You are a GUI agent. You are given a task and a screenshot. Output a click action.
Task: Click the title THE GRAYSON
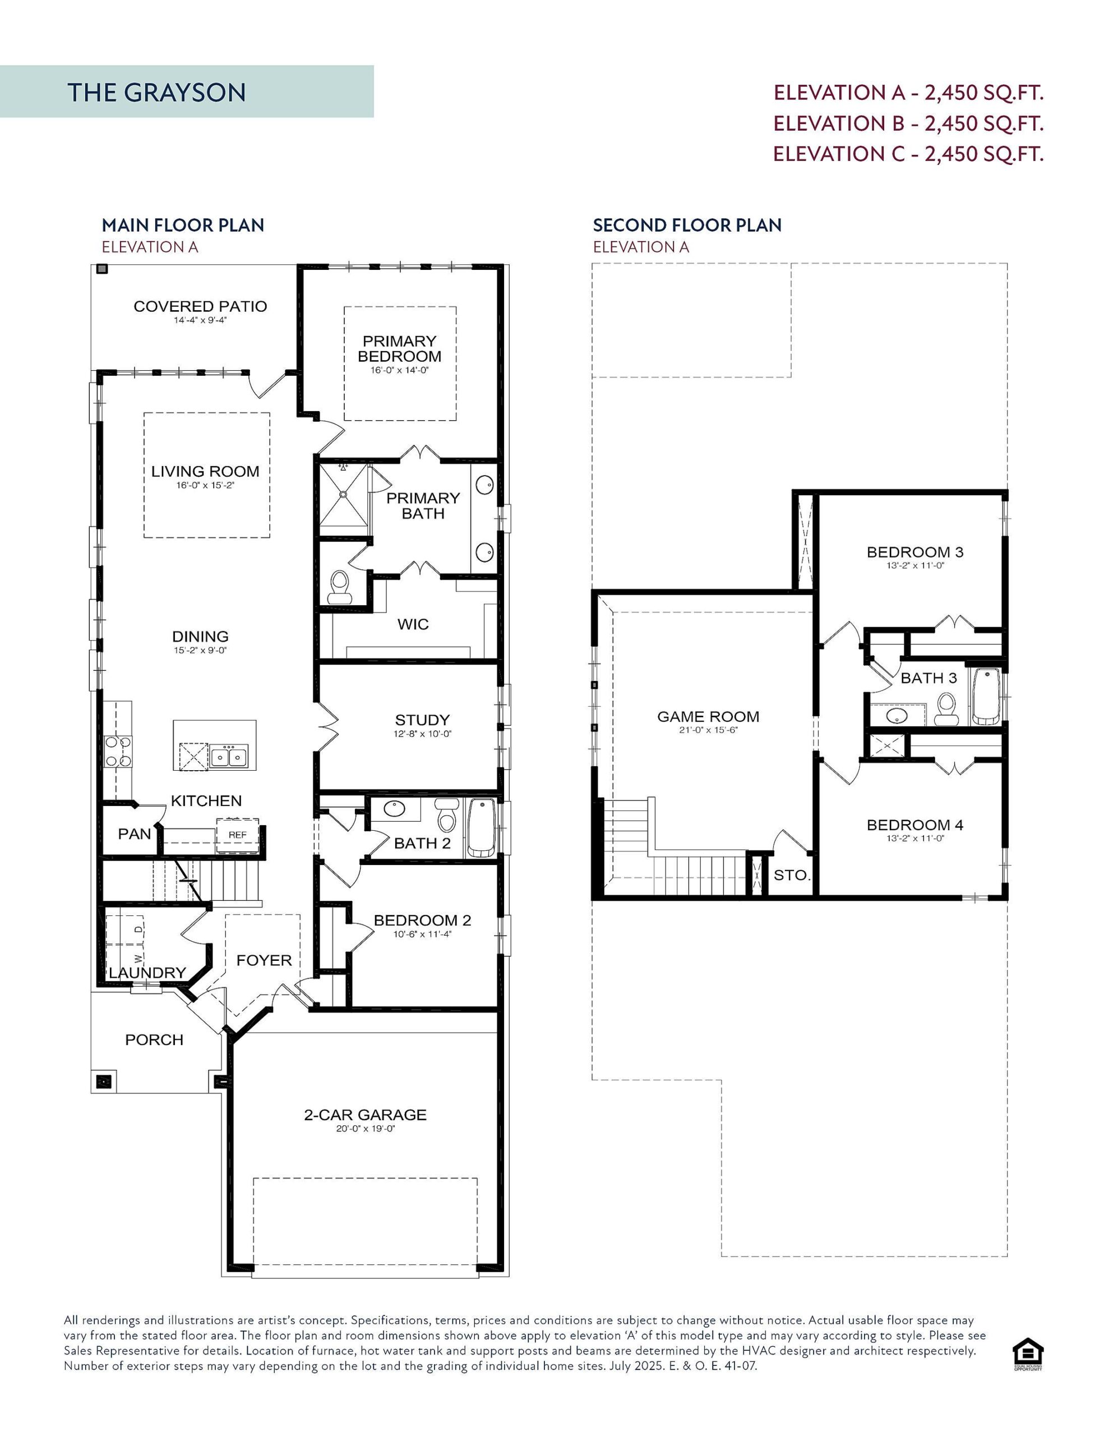click(156, 92)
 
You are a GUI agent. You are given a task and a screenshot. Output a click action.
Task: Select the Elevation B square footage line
click(908, 123)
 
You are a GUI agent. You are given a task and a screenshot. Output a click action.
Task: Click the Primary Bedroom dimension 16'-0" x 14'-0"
click(399, 370)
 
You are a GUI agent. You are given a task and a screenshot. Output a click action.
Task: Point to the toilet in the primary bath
click(340, 587)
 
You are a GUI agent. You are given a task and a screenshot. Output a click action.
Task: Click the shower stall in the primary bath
click(343, 494)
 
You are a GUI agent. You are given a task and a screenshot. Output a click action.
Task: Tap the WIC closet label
click(413, 624)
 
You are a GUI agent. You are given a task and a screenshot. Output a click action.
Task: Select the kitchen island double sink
click(229, 756)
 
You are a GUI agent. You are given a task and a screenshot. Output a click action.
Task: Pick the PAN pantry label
click(134, 834)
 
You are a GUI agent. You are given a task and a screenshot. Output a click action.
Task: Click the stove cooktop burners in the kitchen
click(118, 752)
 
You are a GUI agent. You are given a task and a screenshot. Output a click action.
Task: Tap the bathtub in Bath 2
click(481, 827)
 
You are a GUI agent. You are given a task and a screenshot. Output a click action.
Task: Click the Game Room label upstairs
click(708, 717)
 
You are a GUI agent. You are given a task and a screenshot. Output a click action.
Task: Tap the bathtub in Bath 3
click(986, 696)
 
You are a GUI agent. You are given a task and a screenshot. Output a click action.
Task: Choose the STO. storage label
click(792, 875)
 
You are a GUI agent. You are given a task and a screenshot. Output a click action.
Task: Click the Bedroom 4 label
click(914, 825)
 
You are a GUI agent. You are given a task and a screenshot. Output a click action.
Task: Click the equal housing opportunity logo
click(1028, 1354)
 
